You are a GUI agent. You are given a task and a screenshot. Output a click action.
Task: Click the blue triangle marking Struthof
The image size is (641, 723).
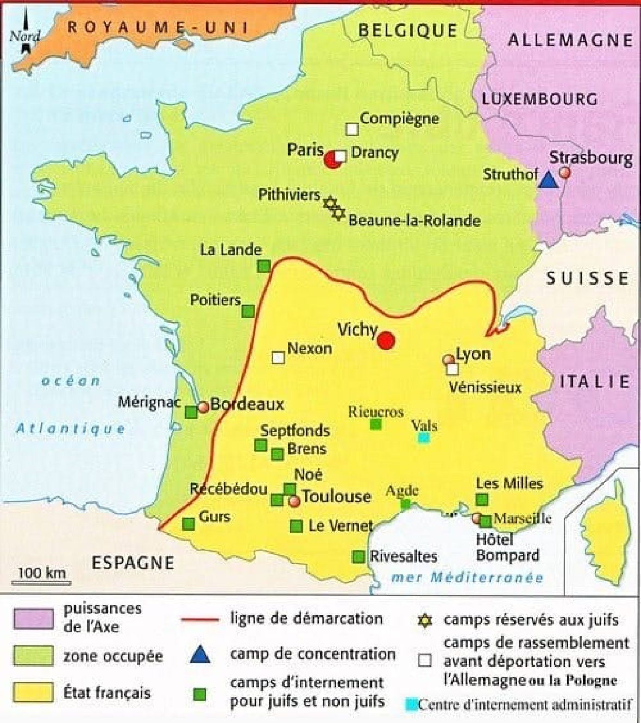point(549,180)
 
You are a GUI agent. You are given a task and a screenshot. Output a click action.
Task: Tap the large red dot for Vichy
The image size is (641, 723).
point(386,340)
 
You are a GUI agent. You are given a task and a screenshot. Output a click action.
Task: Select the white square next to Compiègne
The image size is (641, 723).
point(352,129)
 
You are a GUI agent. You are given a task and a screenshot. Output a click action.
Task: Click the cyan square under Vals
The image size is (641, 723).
point(424,438)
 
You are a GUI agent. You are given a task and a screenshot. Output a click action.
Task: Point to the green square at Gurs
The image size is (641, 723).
point(188,524)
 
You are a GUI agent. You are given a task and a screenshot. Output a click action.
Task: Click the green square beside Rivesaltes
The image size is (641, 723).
point(359,557)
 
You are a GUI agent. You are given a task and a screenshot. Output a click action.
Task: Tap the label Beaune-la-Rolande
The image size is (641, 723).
point(414,221)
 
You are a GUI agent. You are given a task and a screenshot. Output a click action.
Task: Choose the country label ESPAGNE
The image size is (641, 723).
point(133,563)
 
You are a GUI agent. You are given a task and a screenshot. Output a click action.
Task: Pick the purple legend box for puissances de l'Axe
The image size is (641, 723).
point(34,618)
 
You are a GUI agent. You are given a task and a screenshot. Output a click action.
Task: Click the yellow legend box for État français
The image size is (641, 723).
point(34,693)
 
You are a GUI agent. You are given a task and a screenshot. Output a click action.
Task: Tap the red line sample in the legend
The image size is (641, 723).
point(199,619)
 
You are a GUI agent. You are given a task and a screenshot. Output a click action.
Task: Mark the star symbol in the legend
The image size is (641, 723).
point(425,620)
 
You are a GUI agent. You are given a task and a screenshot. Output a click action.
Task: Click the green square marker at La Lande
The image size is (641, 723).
point(263,266)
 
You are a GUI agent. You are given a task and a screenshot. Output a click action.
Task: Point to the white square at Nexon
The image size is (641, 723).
point(278,357)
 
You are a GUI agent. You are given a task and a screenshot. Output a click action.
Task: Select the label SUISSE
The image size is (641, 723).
point(587,278)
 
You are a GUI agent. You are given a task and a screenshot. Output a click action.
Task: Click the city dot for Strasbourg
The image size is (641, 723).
point(565,172)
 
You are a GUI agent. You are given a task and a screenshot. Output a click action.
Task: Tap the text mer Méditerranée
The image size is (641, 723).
point(467,577)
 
